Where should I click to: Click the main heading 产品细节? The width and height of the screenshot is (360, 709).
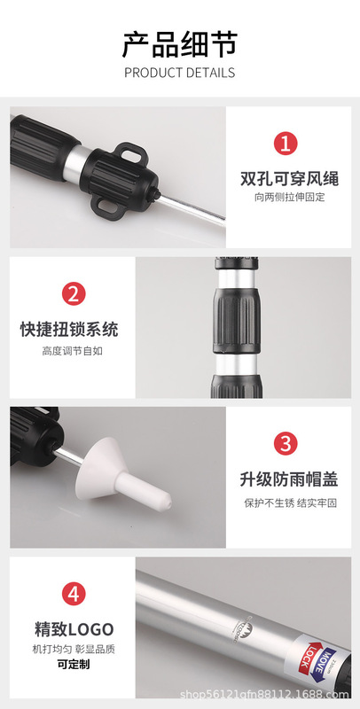point(179,43)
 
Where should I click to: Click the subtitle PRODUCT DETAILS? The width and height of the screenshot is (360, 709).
point(179,73)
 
